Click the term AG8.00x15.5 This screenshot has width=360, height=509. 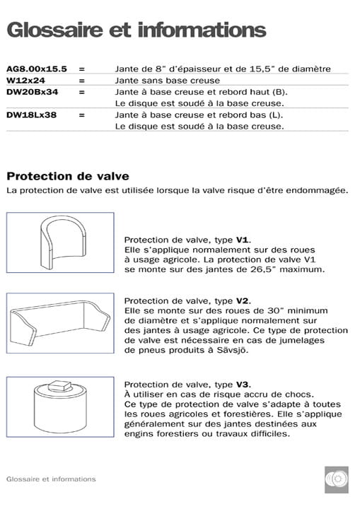[x=36, y=69]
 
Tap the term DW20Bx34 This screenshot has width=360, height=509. [x=32, y=92]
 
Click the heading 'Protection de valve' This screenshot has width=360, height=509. [x=67, y=176]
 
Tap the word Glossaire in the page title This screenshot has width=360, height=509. [x=53, y=30]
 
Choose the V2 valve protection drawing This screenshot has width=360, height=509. [x=60, y=322]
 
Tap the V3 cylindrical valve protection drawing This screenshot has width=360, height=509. [x=60, y=404]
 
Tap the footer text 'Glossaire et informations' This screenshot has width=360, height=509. [x=50, y=479]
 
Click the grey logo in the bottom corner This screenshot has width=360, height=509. [x=336, y=480]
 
